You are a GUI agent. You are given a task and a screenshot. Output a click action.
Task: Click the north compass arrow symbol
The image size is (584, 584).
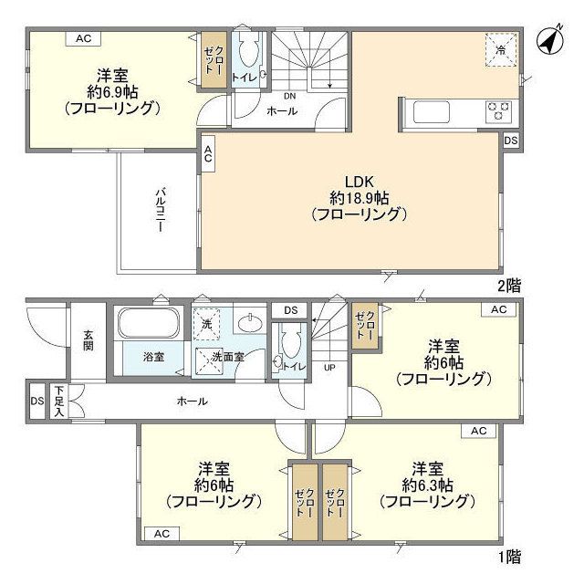[x=549, y=41]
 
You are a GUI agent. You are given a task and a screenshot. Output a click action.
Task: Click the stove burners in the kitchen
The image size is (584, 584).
[x=498, y=110]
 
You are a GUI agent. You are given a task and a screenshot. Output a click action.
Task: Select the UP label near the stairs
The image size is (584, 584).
[x=329, y=369]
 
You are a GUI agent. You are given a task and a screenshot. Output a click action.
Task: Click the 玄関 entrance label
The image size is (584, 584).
[x=89, y=339]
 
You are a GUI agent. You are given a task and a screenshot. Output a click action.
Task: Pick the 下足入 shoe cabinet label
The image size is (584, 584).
[x=59, y=401]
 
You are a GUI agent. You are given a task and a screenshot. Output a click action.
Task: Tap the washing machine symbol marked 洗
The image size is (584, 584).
[x=206, y=323]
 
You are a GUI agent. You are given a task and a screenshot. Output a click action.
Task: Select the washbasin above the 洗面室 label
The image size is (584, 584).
[x=248, y=322]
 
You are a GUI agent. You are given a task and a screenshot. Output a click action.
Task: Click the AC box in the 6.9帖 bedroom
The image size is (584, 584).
[x=83, y=38]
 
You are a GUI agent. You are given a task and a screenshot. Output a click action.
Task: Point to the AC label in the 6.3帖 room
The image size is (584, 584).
[x=478, y=431]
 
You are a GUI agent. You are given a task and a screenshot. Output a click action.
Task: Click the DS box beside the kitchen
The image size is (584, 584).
[x=510, y=141]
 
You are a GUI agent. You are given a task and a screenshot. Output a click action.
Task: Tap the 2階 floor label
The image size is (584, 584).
[x=510, y=285]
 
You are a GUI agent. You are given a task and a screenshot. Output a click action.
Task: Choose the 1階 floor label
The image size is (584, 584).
[x=510, y=556]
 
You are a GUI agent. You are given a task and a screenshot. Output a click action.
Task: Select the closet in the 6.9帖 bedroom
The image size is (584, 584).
[x=211, y=61]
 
